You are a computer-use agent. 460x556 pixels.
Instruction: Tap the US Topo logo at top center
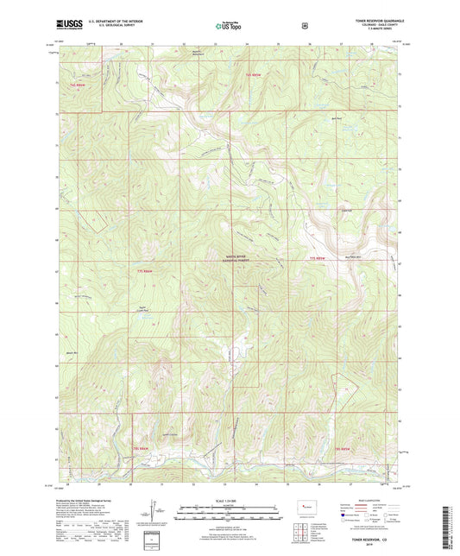tap(230, 27)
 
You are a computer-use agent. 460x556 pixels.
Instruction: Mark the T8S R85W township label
tap(343, 449)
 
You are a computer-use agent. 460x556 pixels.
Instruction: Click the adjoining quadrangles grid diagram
tap(306, 529)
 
